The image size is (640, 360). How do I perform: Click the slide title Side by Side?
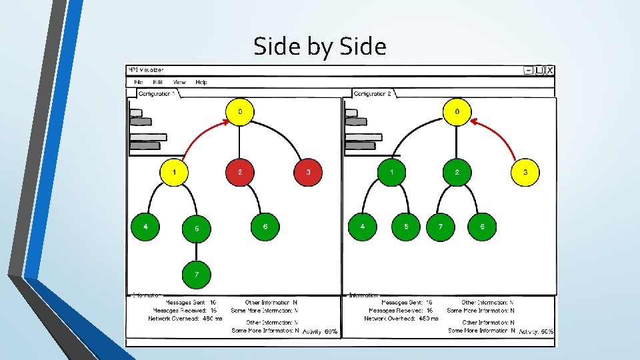(x=320, y=47)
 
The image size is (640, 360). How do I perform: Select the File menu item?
(x=139, y=82)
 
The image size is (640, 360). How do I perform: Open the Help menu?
(x=201, y=82)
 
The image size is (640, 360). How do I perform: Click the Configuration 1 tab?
(x=157, y=94)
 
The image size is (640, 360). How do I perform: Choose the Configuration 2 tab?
(x=372, y=94)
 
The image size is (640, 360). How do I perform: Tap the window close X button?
(x=550, y=71)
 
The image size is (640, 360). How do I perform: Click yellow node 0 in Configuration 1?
(x=240, y=111)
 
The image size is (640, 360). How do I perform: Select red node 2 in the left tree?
(x=240, y=173)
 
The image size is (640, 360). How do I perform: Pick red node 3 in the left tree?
(x=308, y=173)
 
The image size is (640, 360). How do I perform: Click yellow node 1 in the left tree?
(x=174, y=173)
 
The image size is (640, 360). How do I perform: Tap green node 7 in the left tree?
(x=197, y=273)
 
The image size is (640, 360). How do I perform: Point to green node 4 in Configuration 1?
(x=145, y=227)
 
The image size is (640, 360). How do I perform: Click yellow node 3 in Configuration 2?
(x=525, y=173)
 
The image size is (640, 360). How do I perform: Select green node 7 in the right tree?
(x=440, y=227)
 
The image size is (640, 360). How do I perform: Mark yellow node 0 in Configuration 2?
(x=457, y=111)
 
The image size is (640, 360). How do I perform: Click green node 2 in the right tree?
(x=457, y=173)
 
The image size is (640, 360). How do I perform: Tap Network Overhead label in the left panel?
(x=175, y=319)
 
